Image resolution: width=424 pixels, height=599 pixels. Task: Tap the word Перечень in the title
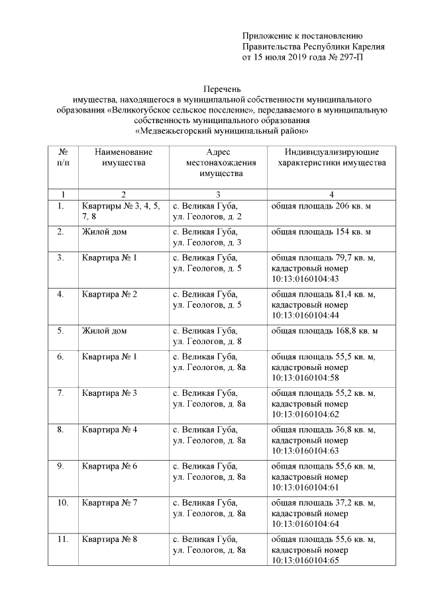pos(221,88)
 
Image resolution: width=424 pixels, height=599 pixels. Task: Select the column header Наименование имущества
pos(123,157)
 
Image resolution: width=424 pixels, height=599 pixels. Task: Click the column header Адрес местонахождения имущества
pos(217,162)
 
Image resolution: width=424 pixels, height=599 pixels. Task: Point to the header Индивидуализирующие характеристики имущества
pos(332,157)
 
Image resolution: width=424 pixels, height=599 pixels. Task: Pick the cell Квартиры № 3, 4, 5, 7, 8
pos(121,211)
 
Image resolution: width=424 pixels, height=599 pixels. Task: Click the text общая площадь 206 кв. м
pos(321,207)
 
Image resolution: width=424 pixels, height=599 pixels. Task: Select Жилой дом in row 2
pos(105,232)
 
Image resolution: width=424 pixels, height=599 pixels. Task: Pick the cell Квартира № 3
pos(110,393)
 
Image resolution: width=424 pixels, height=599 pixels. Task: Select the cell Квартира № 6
pos(110,466)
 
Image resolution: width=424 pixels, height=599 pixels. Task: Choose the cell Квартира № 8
pos(110,539)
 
